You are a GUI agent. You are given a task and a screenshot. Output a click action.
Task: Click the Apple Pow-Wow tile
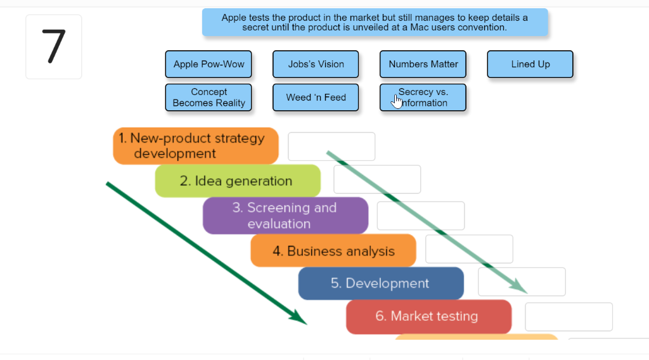[x=209, y=64]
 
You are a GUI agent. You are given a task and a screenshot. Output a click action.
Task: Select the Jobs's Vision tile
[x=316, y=64]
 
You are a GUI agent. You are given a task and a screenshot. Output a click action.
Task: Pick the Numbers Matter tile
[x=423, y=64]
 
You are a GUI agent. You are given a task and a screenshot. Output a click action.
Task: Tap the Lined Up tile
[x=530, y=64]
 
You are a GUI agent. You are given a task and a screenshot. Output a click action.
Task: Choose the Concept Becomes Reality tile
[x=209, y=98]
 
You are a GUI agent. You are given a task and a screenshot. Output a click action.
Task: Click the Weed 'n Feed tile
[x=316, y=98]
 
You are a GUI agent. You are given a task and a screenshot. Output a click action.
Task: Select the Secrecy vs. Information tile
[x=423, y=98]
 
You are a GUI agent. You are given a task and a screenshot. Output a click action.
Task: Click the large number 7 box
[x=54, y=47]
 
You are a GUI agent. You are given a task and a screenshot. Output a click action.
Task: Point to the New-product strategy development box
[x=196, y=146]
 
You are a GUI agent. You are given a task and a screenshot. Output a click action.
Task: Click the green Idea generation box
[x=238, y=181]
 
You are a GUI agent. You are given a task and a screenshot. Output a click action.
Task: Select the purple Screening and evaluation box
[x=285, y=215]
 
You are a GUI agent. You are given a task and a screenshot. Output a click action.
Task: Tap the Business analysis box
[x=333, y=251]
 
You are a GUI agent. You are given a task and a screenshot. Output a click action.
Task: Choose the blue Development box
[x=380, y=283]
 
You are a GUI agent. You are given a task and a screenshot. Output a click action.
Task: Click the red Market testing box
[x=428, y=316]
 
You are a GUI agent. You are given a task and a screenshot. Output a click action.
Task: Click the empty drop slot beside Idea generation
[x=377, y=179]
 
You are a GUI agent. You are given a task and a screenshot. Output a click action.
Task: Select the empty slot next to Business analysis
[x=469, y=249]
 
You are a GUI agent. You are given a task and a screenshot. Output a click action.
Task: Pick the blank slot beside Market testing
[x=569, y=316]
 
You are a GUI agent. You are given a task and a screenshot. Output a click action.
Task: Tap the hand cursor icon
[x=397, y=101]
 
